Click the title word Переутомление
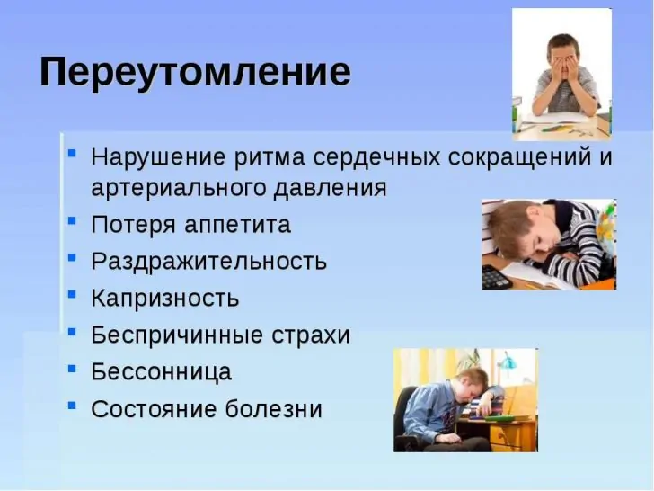pyautogui.click(x=195, y=73)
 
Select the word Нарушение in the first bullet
pyautogui.click(x=158, y=158)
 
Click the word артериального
pyautogui.click(x=179, y=188)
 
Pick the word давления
pyautogui.click(x=331, y=188)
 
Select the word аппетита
pyautogui.click(x=237, y=226)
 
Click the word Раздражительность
pyautogui.click(x=208, y=262)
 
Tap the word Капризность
pyautogui.click(x=164, y=299)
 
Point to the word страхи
pyautogui.click(x=311, y=335)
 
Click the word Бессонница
pyautogui.click(x=161, y=372)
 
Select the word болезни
pyautogui.click(x=274, y=409)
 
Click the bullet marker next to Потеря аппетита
pyautogui.click(x=72, y=220)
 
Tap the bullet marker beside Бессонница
pyautogui.click(x=72, y=369)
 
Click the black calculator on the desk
pyautogui.click(x=496, y=277)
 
